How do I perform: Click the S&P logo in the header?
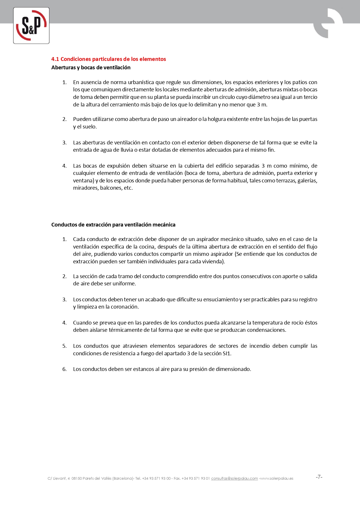31,26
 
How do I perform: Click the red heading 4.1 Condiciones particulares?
108,59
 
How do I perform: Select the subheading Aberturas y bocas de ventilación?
91,68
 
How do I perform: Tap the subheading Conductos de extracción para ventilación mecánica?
113,225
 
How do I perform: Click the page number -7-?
319,477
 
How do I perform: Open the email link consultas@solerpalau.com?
234,479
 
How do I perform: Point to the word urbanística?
140,82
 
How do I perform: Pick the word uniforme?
124,284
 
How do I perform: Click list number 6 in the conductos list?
64,369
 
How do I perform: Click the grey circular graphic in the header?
328,23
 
